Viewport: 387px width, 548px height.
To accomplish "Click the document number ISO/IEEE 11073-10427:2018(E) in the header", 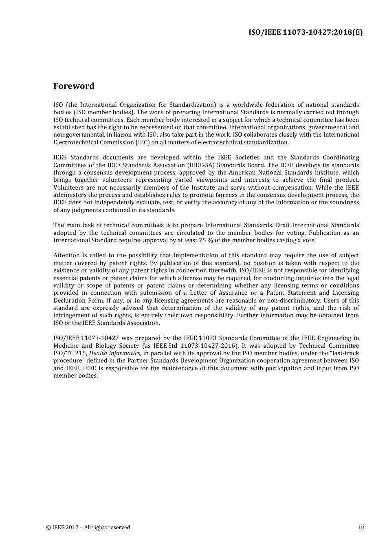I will point(305,33).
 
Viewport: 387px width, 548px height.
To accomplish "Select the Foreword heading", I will point(74,86).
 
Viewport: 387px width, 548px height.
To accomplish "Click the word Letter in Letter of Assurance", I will point(198,293).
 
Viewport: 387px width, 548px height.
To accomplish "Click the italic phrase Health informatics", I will point(114,353).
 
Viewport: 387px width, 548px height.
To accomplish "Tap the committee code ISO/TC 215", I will point(70,353).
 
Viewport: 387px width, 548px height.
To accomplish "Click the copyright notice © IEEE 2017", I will point(88,527).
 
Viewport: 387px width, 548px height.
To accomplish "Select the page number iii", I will point(361,527).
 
